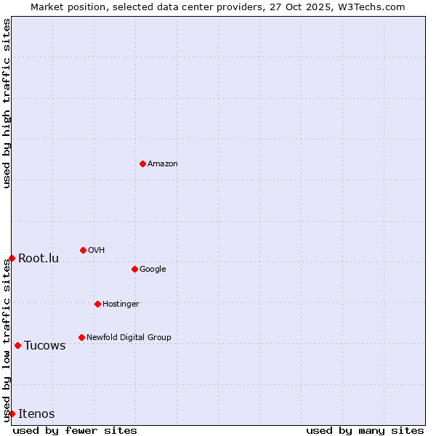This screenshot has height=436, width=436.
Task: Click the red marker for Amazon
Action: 142,163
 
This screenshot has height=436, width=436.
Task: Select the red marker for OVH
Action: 83,250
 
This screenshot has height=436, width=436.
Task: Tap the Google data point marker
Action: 134,269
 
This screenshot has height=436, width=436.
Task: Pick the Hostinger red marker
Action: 97,304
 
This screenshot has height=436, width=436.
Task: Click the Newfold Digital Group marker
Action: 81,337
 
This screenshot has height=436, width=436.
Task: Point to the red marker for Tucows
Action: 17,345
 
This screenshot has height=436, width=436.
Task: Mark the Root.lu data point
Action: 12,258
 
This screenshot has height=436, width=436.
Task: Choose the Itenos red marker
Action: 12,413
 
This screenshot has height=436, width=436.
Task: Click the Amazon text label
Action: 163,164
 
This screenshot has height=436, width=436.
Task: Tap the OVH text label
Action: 97,251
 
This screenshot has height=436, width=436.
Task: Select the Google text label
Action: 153,270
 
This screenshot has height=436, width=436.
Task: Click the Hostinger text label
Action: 121,304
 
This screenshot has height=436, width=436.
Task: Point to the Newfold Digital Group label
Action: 129,338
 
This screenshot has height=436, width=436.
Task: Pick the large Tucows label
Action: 45,346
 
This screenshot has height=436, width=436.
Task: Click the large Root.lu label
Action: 39,259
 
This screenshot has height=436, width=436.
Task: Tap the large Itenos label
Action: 36,414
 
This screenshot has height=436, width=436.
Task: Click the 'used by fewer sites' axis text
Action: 75,430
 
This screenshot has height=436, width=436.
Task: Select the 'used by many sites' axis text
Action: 365,430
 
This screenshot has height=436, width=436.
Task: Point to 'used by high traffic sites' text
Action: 7,103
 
